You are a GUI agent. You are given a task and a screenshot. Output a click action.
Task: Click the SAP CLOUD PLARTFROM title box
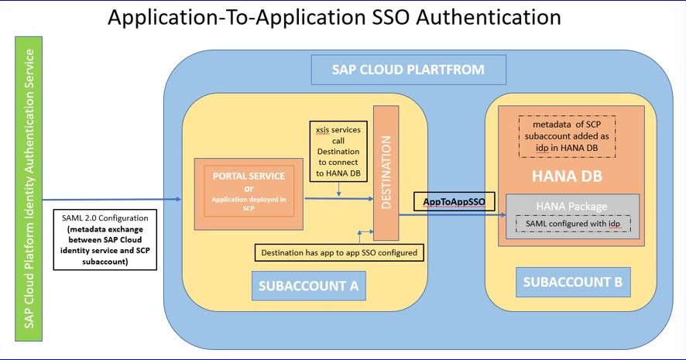[408, 70]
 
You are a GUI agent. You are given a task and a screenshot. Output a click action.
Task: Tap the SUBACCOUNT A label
[308, 286]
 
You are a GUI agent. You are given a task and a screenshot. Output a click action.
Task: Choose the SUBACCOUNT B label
[572, 282]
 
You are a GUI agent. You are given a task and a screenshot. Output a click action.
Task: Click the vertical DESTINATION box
[385, 172]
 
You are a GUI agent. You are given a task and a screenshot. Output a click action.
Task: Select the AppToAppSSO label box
[453, 201]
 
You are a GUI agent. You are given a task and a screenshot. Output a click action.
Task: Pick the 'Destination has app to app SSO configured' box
[340, 253]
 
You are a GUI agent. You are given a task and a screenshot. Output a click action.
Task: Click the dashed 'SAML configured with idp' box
[572, 224]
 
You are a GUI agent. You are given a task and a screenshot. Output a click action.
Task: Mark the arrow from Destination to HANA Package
[449, 214]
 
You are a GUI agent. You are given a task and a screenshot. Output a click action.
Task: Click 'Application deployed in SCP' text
[249, 204]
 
